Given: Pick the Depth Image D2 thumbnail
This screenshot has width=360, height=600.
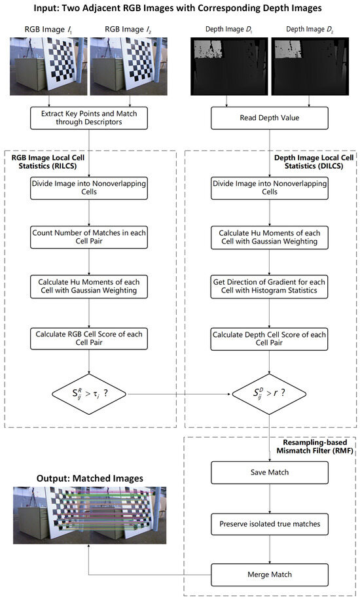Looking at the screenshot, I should click(312, 67).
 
